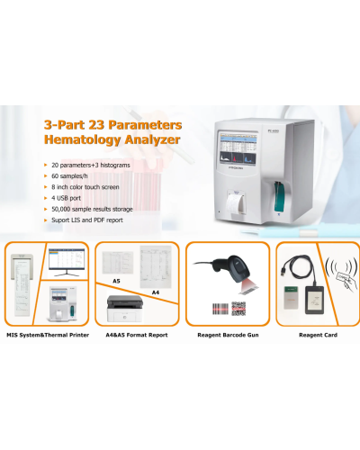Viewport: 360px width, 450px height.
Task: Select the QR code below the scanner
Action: (238, 308)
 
